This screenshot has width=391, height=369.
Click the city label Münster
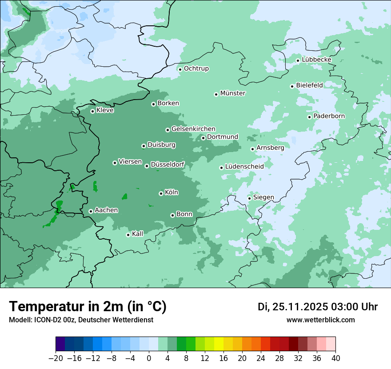point(233,93)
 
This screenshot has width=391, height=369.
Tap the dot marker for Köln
point(161,193)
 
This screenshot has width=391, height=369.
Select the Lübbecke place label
point(316,60)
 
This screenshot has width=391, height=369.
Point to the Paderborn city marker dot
point(309,117)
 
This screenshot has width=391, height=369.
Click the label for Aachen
point(106,210)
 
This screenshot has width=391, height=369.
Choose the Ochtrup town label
point(196,68)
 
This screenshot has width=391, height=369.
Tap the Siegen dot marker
point(249,198)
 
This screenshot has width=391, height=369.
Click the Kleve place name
point(105,110)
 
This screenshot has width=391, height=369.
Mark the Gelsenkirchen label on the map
point(193,129)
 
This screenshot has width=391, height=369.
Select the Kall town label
point(138,234)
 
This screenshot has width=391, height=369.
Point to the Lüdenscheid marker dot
point(221,168)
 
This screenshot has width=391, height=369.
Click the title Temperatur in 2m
point(88,307)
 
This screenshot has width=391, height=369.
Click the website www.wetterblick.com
point(321,320)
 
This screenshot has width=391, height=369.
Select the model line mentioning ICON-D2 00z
point(81,320)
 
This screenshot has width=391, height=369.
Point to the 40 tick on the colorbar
point(335,358)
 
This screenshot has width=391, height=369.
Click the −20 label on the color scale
point(55,358)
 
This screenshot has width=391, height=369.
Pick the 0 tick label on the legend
point(149,358)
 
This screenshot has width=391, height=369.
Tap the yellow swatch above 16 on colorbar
point(219,344)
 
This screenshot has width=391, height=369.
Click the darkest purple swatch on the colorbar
point(60,344)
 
